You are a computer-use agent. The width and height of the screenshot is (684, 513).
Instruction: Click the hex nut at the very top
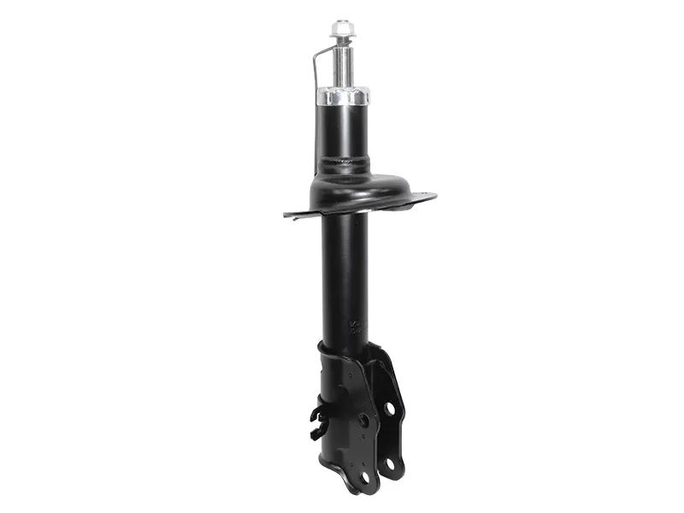click(x=343, y=30)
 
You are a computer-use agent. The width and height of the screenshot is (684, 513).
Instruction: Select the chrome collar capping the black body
click(x=343, y=94)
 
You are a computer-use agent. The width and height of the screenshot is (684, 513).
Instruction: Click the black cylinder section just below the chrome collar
click(x=343, y=128)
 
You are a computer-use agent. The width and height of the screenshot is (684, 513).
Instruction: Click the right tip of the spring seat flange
click(x=433, y=197)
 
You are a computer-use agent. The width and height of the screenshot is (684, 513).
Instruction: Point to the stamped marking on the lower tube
click(x=352, y=326)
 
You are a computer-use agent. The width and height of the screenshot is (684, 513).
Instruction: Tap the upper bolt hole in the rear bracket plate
click(x=390, y=409)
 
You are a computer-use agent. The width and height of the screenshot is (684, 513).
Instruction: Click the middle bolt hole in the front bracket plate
click(x=363, y=421)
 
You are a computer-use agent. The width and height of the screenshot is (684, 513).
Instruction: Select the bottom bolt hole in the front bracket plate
click(x=364, y=475)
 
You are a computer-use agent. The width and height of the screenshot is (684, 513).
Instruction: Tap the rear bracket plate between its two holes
click(x=392, y=436)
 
